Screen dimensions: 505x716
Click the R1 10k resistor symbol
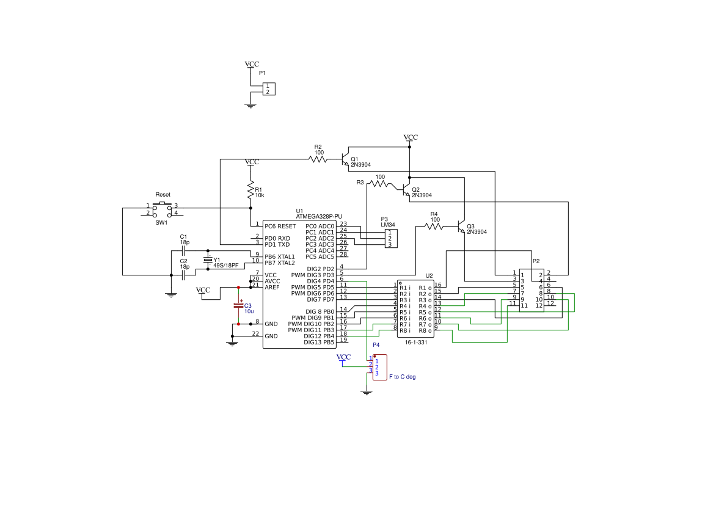(250, 191)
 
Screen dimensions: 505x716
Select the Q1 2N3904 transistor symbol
(346, 159)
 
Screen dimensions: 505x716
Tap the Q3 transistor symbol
(462, 227)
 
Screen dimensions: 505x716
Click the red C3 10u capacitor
(238, 305)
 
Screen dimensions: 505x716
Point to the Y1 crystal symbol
(208, 260)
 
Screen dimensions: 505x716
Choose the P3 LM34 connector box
(390, 238)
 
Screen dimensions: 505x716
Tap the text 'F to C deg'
(402, 377)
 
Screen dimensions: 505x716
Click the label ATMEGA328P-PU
(319, 216)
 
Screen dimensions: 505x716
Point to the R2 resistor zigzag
(318, 159)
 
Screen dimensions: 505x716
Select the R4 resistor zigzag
(434, 227)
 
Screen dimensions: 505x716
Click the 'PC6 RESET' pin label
(280, 226)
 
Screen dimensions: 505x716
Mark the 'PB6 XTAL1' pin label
(280, 256)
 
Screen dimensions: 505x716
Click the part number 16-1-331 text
(415, 343)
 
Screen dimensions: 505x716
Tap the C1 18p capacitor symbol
(183, 251)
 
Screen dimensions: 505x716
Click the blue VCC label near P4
(343, 357)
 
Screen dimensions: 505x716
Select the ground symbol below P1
(250, 106)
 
